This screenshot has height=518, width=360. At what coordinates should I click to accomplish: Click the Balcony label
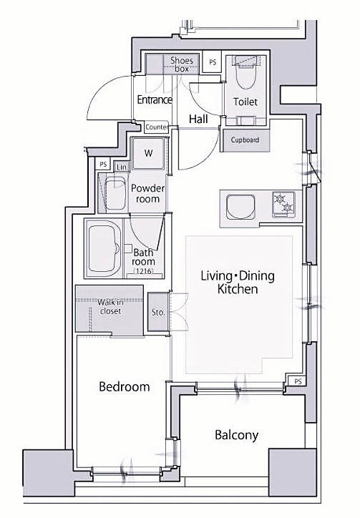click(x=236, y=435)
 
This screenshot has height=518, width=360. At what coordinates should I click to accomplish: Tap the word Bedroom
click(x=125, y=386)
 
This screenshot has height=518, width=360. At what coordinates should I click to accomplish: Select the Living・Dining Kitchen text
click(x=238, y=282)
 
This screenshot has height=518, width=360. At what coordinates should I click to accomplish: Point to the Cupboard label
click(x=245, y=140)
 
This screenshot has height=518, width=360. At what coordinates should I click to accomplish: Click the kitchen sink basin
click(x=240, y=207)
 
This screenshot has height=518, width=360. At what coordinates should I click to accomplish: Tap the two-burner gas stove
click(x=283, y=205)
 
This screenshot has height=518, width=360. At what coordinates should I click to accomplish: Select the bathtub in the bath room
click(x=104, y=249)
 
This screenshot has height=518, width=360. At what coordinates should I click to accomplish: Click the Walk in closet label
click(x=110, y=306)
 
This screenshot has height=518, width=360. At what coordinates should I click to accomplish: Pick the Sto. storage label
click(x=158, y=312)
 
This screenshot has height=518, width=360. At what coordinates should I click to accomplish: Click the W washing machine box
click(x=148, y=153)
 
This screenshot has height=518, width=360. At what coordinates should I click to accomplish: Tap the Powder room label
click(x=147, y=194)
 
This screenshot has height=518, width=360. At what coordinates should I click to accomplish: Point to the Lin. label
click(x=122, y=167)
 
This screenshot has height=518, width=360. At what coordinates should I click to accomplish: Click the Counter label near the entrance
click(x=157, y=127)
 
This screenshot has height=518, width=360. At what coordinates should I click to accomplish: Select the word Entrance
click(x=155, y=99)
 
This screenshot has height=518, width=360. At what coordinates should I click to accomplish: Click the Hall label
click(x=198, y=119)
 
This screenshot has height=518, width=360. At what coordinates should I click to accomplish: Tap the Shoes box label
click(x=182, y=64)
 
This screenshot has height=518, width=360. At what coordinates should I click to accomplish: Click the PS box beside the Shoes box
click(x=213, y=62)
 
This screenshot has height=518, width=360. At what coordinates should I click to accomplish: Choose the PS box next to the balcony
click(x=298, y=381)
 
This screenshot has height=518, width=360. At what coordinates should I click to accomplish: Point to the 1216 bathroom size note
click(x=143, y=271)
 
